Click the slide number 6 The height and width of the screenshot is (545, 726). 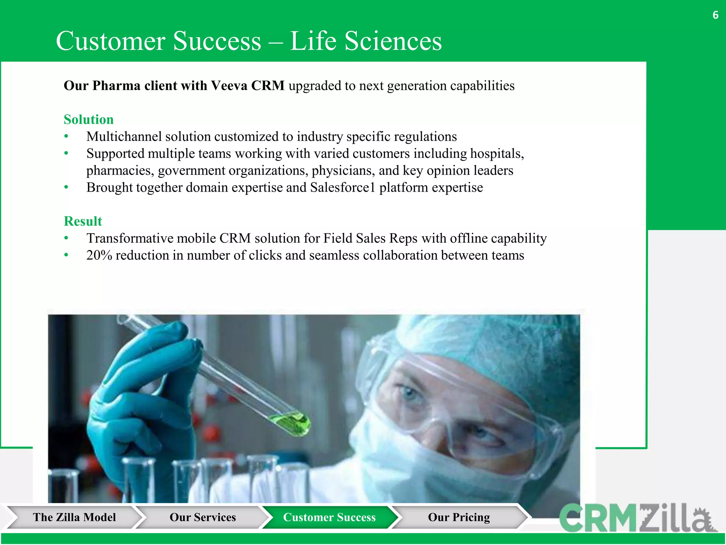[x=715, y=15]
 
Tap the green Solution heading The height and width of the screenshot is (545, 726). [x=89, y=120]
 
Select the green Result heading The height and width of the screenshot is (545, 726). [x=83, y=221]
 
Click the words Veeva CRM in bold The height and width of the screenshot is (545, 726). [x=247, y=86]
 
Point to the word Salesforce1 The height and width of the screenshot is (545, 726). [x=342, y=187]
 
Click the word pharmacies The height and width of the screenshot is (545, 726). [x=120, y=171]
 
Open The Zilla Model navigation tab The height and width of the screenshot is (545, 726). [x=74, y=517]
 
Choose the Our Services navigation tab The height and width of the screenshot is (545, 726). [x=202, y=517]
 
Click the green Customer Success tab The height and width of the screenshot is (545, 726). [x=329, y=517]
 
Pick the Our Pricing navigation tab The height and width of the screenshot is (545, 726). [x=459, y=517]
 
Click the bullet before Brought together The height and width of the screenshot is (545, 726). [x=66, y=187]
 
